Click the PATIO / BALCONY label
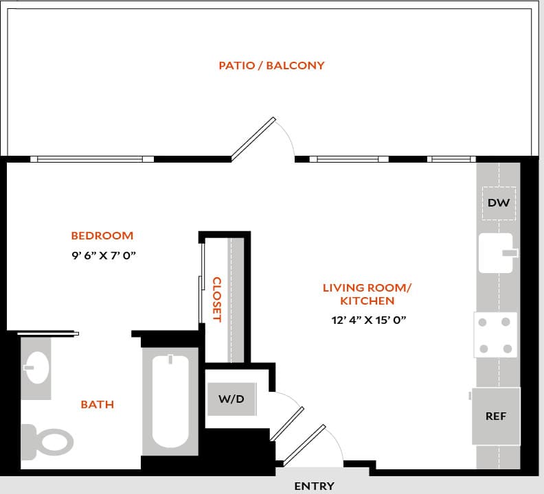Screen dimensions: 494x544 click(x=271, y=66)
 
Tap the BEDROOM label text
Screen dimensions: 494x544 click(x=102, y=235)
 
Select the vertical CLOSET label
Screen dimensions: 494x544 click(x=216, y=299)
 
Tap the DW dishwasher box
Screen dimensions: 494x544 click(x=499, y=203)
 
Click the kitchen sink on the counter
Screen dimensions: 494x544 click(x=497, y=253)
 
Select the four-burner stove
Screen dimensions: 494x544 click(x=495, y=335)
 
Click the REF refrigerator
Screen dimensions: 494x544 click(x=496, y=416)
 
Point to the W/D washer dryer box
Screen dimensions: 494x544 click(x=231, y=399)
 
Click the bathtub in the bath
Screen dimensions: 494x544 click(x=170, y=401)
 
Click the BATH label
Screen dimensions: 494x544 click(x=98, y=404)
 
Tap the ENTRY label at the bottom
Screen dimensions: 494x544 click(x=315, y=486)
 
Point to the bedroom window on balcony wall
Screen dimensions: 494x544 click(x=92, y=159)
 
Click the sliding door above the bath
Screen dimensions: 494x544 click(x=48, y=333)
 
